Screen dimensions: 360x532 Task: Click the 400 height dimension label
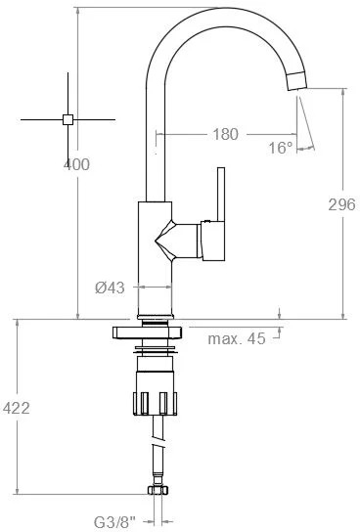coord(76,164)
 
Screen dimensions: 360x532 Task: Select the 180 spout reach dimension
coord(226,134)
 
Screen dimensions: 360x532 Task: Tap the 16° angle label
coord(280,148)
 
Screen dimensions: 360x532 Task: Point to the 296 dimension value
coord(342,204)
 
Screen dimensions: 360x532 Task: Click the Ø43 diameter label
coord(110,288)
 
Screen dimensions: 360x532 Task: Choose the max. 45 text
coord(237,338)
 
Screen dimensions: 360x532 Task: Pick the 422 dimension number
coord(17,408)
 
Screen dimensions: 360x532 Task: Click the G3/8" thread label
coord(114,522)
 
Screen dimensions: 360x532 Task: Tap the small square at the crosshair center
coord(67,119)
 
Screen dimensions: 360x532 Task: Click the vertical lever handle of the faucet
coord(221,194)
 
